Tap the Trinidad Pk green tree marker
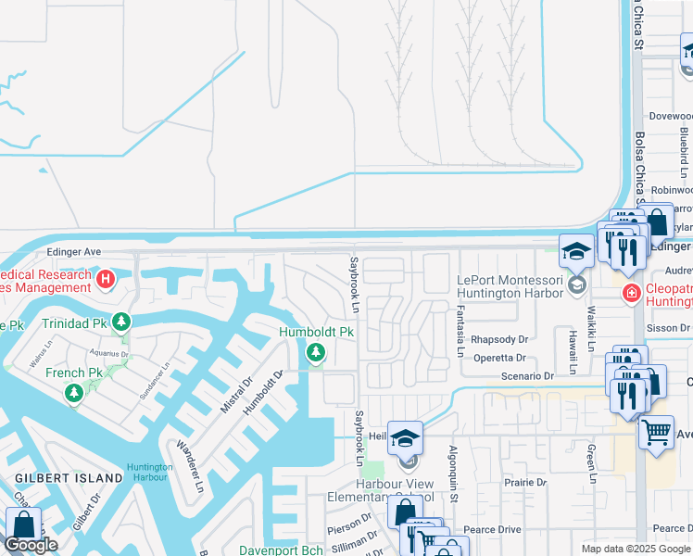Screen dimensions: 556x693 click(120, 322)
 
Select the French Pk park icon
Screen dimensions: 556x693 click(73, 394)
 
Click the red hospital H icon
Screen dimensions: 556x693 click(107, 278)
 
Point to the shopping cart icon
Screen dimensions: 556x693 click(656, 431)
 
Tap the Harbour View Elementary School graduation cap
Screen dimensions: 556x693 click(405, 437)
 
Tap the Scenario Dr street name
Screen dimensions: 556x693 click(523, 376)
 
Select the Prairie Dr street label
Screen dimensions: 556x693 click(524, 482)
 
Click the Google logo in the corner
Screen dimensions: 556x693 click(31, 545)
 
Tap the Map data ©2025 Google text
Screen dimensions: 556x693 click(636, 549)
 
